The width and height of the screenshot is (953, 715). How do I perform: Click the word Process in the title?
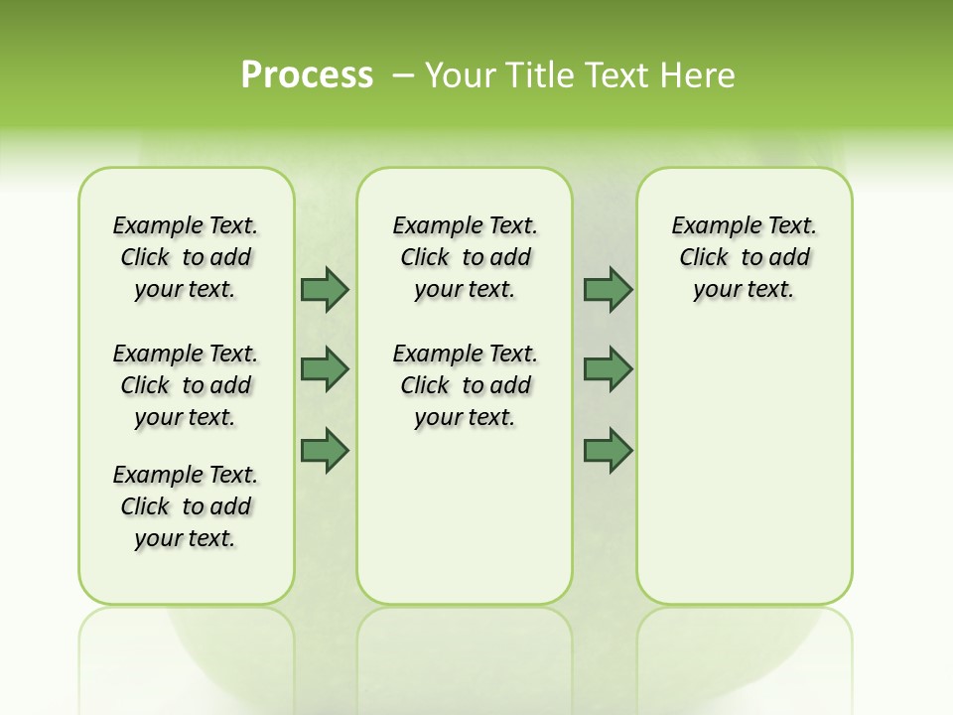307,74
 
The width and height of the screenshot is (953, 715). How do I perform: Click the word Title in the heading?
542,74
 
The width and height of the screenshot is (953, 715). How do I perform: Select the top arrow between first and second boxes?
324,289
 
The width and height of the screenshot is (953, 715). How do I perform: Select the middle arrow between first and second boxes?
324,369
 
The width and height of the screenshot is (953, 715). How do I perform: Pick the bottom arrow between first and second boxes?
324,450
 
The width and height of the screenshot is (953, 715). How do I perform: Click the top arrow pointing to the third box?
607,289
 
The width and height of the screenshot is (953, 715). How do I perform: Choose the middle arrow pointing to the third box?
607,369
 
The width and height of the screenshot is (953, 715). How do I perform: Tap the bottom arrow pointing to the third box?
607,450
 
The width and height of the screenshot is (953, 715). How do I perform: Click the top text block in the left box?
186,257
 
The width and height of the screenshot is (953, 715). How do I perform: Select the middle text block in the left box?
186,385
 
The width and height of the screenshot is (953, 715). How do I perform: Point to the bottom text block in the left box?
186,506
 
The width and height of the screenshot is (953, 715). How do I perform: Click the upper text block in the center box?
465,257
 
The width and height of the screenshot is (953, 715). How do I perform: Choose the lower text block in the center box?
465,385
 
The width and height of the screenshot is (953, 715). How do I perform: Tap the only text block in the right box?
744,257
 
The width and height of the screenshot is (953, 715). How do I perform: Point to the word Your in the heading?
461,74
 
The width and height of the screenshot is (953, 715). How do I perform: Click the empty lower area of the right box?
744,477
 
